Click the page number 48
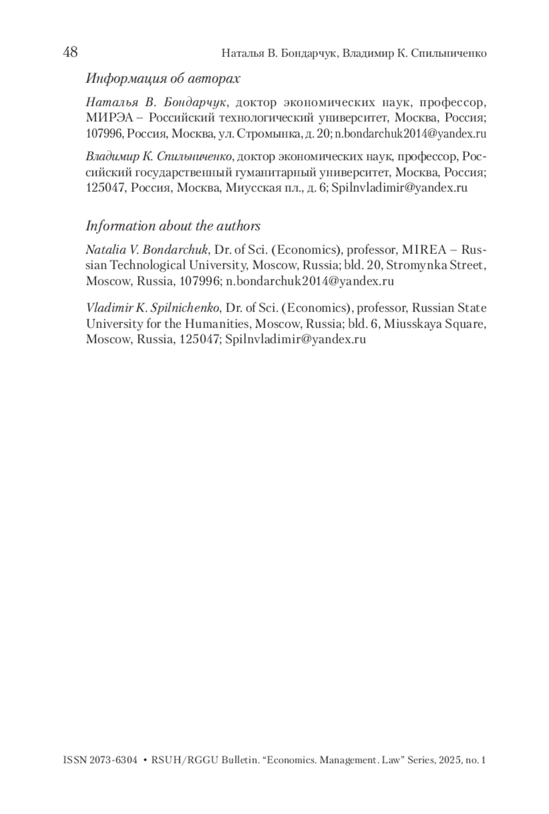click(70, 52)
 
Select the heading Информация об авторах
click(162, 79)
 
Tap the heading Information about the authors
click(173, 226)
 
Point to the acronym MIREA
click(428, 250)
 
